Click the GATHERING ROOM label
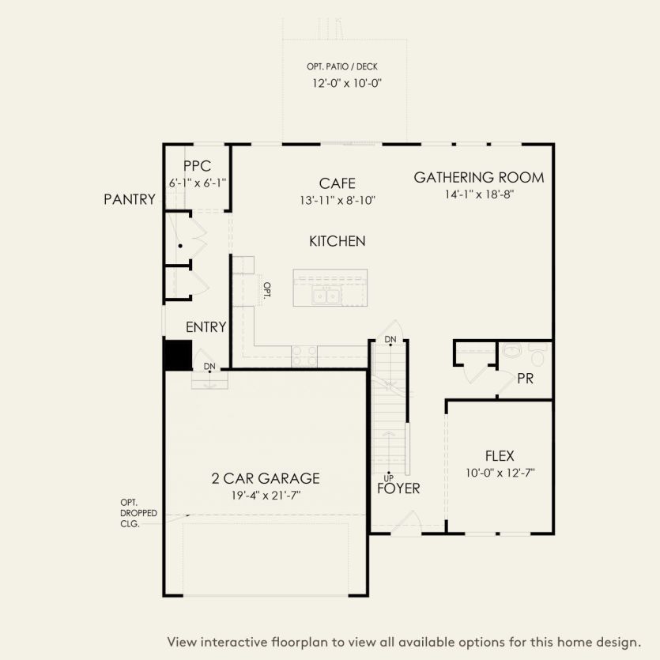[x=479, y=177]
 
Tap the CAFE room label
[x=337, y=183]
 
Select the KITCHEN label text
[x=337, y=241]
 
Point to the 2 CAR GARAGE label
[x=265, y=478]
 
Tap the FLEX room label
[x=500, y=456]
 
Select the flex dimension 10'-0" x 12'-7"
[x=500, y=473]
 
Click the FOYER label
[x=398, y=488]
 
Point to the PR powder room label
[x=525, y=379]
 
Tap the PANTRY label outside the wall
[x=130, y=200]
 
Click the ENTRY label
[x=206, y=327]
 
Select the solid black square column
[x=178, y=354]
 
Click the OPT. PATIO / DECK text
[x=342, y=67]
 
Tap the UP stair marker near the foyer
[x=388, y=477]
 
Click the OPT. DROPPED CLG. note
[x=138, y=513]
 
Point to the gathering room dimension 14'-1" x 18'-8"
[x=479, y=194]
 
